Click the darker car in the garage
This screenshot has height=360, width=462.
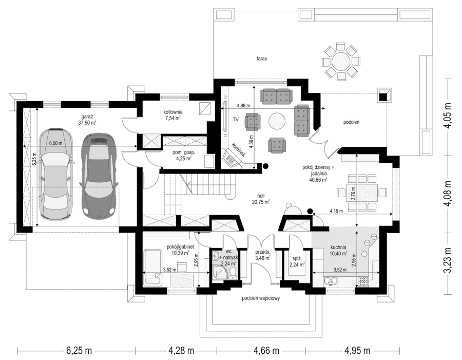[99, 175]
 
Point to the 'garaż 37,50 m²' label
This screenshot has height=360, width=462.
[87, 120]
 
